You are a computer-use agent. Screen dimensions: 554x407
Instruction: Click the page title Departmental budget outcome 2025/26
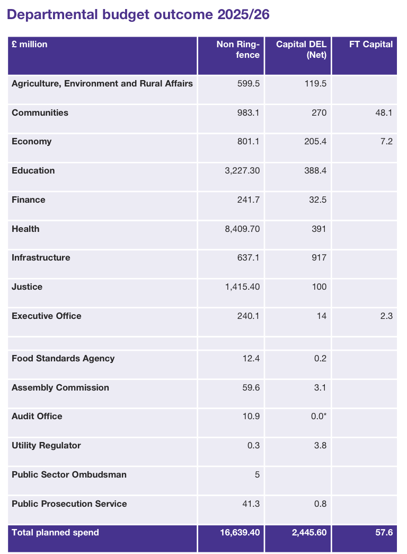[x=138, y=15]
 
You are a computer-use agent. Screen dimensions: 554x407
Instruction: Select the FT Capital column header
[x=371, y=45]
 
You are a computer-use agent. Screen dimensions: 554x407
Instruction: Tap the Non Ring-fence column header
[x=238, y=49]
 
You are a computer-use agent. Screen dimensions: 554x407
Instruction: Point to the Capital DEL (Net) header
[x=301, y=49]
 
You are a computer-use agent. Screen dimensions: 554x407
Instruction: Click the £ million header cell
[x=30, y=45]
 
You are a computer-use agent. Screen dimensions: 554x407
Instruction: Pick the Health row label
[x=25, y=229]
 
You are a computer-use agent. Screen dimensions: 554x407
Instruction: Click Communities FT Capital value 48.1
[x=384, y=113]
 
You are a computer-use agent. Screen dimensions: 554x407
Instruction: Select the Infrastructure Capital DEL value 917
[x=319, y=258]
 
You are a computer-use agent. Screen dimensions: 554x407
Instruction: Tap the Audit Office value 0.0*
[x=318, y=417]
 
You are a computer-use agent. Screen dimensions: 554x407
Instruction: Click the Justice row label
[x=27, y=287]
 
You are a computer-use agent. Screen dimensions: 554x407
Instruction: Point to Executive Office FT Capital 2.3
[x=386, y=316]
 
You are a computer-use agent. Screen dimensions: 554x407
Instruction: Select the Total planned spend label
[x=55, y=532]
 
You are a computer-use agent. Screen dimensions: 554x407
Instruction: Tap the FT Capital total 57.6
[x=384, y=532]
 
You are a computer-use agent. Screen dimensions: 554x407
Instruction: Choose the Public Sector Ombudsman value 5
[x=257, y=474]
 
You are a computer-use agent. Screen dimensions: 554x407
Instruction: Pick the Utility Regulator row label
[x=46, y=445]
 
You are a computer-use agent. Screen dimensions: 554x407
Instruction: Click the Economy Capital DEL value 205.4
[x=316, y=142]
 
